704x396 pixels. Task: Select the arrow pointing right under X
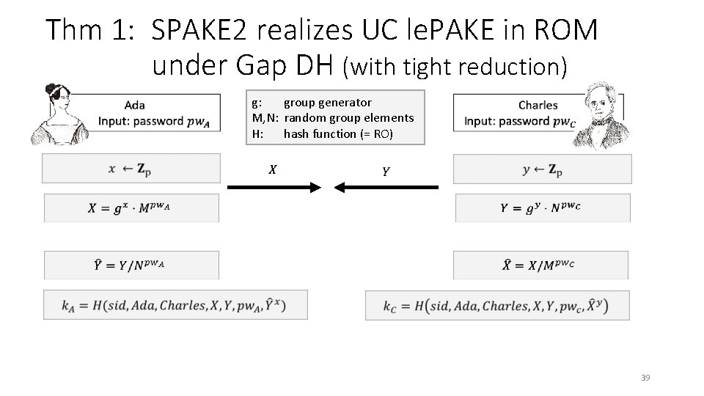click(274, 188)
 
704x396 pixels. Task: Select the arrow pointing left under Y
click(386, 188)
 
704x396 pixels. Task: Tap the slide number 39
click(645, 378)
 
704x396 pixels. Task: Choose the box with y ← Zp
click(542, 169)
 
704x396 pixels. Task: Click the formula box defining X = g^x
click(132, 208)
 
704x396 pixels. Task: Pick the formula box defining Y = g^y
click(542, 208)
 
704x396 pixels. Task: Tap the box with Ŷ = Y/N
click(132, 265)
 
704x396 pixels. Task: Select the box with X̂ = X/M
click(540, 265)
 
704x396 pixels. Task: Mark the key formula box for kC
click(497, 305)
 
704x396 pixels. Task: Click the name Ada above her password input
click(134, 105)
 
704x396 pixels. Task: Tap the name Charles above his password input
click(538, 105)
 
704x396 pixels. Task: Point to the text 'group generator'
click(327, 103)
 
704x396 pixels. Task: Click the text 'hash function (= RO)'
click(338, 133)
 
